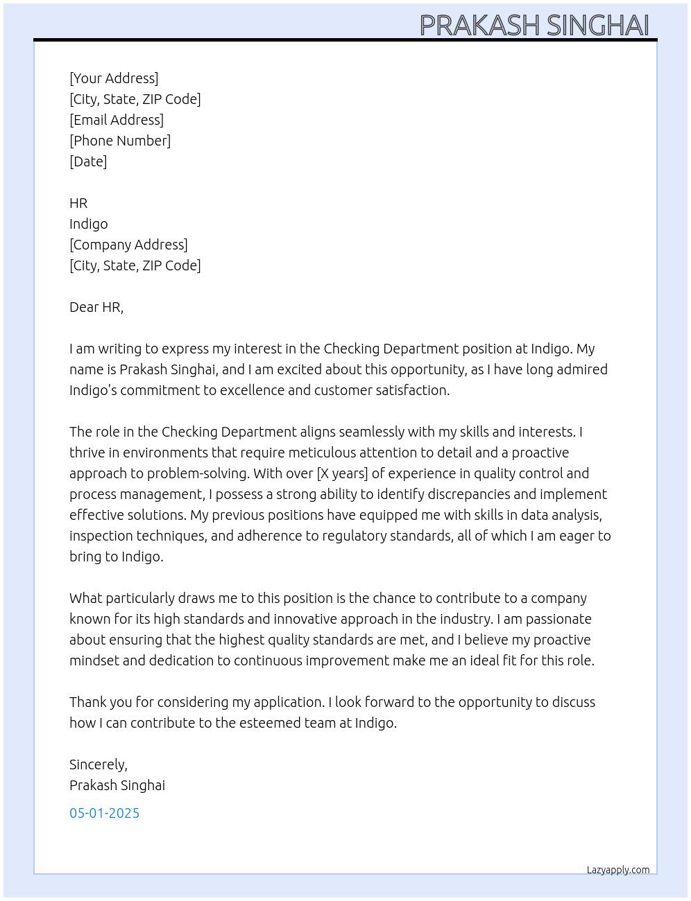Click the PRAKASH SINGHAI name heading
[534, 25]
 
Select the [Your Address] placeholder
[114, 78]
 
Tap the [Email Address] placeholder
[117, 120]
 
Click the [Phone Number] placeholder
[120, 141]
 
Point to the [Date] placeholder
[88, 161]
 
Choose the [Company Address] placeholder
[128, 245]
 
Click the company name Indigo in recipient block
[89, 224]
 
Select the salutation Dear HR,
[96, 307]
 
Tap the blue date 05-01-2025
[104, 813]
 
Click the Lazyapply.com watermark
[618, 870]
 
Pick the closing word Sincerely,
[99, 764]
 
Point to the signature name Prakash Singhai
[117, 785]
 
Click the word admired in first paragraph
[581, 369]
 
